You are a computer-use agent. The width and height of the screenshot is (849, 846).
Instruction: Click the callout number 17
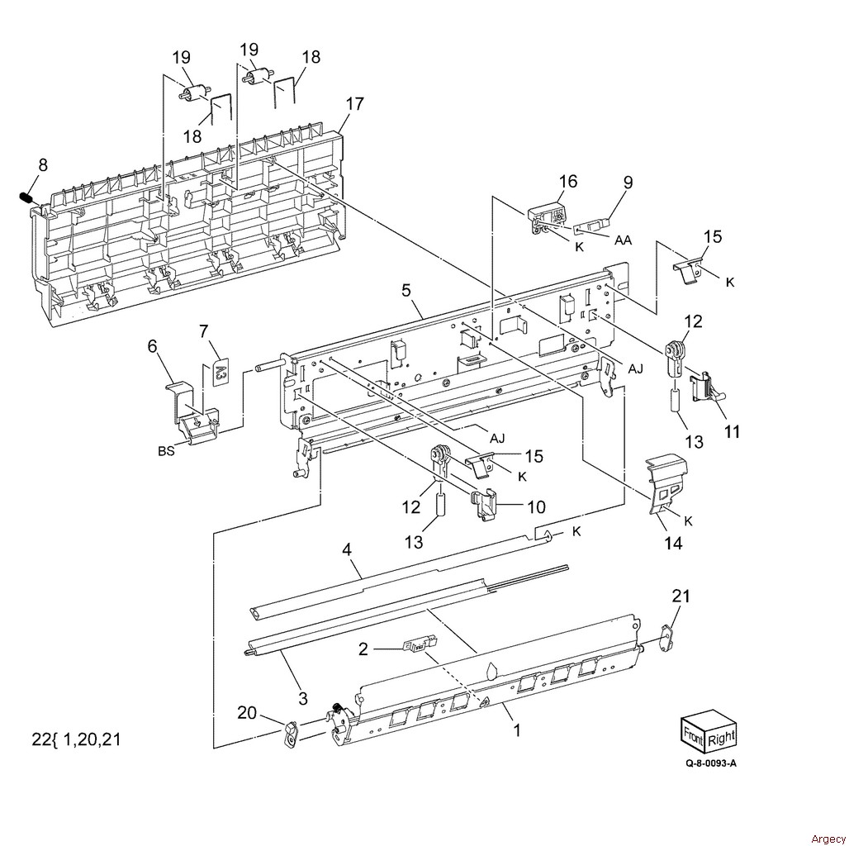(x=354, y=104)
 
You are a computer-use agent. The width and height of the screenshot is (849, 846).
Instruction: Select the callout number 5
(x=406, y=291)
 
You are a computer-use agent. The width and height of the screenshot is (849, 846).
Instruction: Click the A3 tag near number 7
(x=221, y=372)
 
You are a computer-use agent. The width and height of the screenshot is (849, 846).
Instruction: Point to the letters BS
(x=166, y=450)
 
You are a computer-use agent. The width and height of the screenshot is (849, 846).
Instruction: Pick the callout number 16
(x=568, y=182)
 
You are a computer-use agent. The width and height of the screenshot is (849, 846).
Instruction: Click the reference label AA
(x=624, y=240)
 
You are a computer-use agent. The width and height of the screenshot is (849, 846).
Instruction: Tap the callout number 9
(x=628, y=182)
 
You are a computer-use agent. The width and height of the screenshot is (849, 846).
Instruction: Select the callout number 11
(x=732, y=431)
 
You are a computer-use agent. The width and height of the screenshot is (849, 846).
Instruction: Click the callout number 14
(x=674, y=543)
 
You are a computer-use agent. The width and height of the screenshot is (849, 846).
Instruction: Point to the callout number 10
(x=536, y=507)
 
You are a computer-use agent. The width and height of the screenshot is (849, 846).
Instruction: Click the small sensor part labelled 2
(x=420, y=644)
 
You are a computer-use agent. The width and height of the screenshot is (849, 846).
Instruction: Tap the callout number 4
(x=347, y=549)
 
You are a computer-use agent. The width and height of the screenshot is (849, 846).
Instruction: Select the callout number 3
(x=302, y=698)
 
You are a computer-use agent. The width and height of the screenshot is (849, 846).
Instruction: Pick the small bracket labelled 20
(x=291, y=733)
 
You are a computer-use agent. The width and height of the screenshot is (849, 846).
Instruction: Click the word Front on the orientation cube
(x=693, y=738)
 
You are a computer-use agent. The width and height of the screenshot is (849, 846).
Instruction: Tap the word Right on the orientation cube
(x=721, y=737)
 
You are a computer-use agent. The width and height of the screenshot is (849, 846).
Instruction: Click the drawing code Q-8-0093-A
(x=711, y=763)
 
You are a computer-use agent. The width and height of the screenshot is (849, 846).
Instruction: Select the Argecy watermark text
(x=828, y=839)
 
